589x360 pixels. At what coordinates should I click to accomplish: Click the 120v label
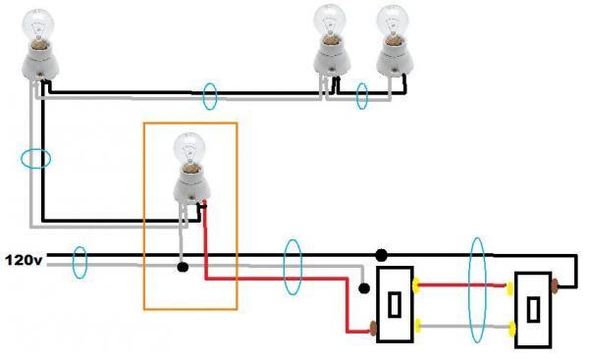coord(24,260)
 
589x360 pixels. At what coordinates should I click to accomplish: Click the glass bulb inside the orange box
coord(187,151)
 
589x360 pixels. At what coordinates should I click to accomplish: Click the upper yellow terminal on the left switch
coord(417,286)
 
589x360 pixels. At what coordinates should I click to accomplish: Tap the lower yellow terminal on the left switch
coord(417,324)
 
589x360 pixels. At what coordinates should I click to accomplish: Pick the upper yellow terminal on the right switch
coord(510,288)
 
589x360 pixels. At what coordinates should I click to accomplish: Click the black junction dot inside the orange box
coord(183,266)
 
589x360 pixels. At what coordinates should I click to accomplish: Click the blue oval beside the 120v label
coord(80,262)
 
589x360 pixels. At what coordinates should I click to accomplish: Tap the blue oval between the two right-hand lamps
coord(361,96)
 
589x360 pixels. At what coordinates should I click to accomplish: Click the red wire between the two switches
coord(461,286)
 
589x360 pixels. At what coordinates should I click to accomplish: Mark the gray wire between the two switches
coord(461,325)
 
